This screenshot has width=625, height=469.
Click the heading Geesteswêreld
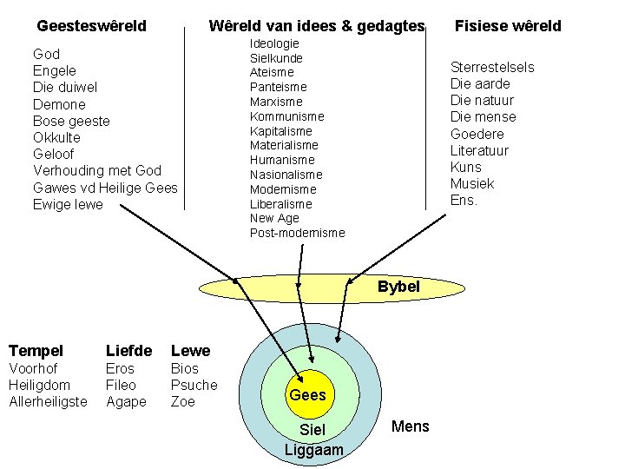(x=91, y=26)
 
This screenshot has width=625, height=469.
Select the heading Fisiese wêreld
(x=508, y=26)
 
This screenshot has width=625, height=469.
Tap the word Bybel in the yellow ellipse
(x=398, y=287)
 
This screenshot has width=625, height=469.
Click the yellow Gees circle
(x=307, y=394)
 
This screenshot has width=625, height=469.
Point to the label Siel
(x=312, y=431)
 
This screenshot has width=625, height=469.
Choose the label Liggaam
(x=313, y=450)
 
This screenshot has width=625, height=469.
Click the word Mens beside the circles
(x=411, y=426)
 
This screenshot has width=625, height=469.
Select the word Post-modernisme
(x=297, y=233)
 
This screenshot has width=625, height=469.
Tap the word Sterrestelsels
(x=492, y=67)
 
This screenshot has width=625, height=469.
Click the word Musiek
(x=472, y=183)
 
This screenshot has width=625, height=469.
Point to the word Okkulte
(x=56, y=137)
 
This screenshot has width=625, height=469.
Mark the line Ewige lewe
(x=68, y=204)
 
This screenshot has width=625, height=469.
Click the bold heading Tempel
(x=36, y=351)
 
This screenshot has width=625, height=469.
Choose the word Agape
(x=126, y=401)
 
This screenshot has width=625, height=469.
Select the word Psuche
(x=194, y=385)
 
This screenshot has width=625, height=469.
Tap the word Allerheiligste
(x=48, y=401)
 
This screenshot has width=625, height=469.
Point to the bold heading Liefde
(x=128, y=351)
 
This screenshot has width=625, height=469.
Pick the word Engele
(x=55, y=70)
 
